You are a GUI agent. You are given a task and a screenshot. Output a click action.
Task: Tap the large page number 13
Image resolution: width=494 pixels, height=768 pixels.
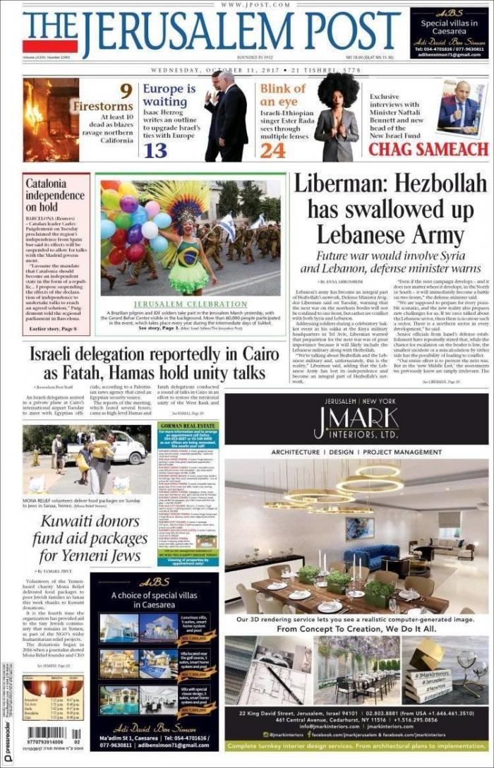(155, 150)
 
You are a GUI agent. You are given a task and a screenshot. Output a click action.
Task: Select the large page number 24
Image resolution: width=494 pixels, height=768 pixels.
(272, 150)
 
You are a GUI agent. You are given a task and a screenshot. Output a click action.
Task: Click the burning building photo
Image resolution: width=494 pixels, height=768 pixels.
(51, 120)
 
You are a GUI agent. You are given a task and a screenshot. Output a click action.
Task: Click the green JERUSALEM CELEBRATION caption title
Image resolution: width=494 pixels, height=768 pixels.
(191, 304)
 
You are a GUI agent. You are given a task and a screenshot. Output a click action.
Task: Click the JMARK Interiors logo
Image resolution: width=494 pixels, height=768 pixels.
(356, 423)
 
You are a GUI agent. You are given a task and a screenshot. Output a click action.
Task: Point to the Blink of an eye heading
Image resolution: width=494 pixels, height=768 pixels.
(282, 95)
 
